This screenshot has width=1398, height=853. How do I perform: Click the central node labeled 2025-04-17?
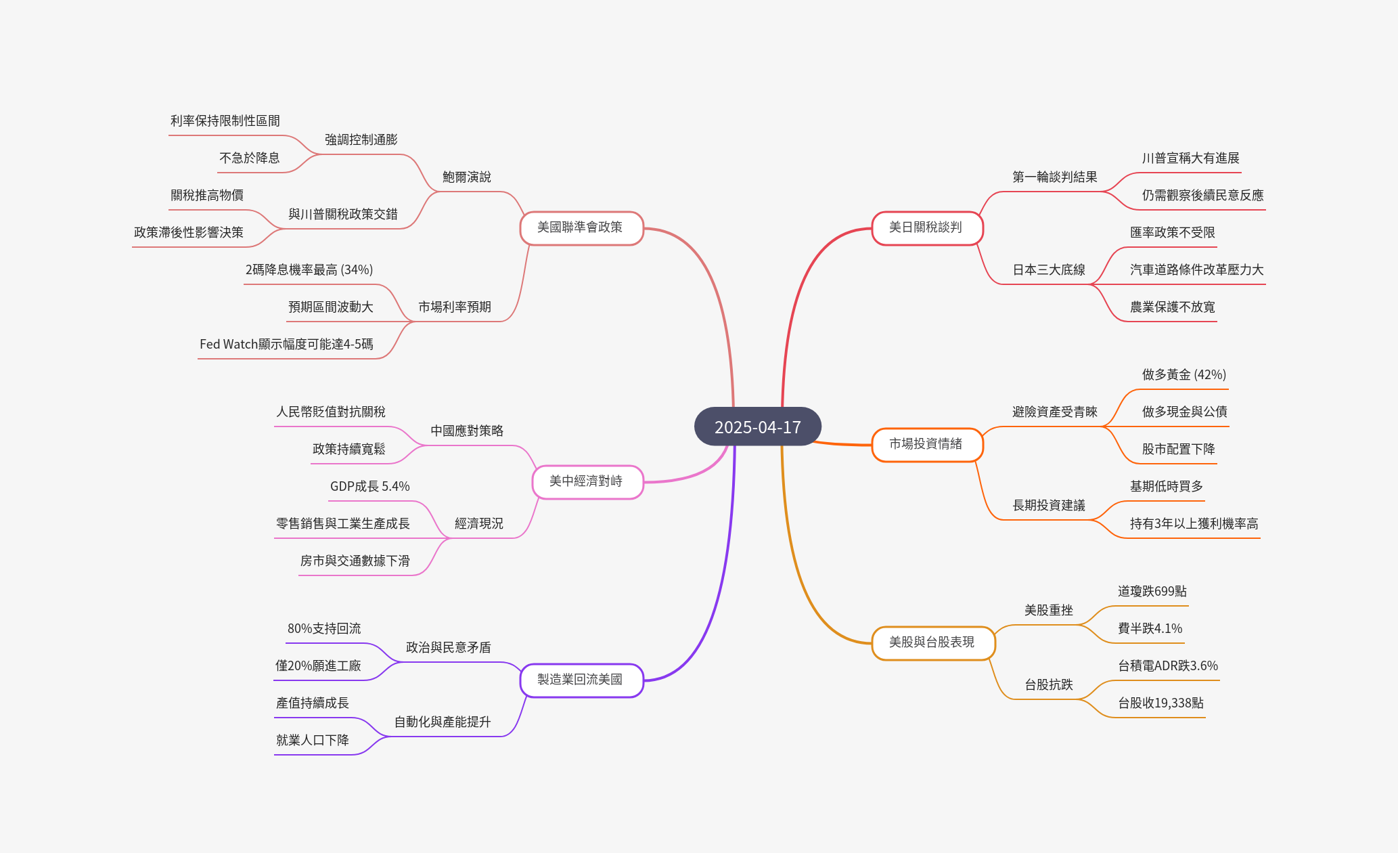[x=757, y=427]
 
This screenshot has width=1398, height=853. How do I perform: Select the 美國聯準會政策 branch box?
[x=581, y=227]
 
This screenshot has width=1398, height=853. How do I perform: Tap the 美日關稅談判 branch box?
[x=926, y=227]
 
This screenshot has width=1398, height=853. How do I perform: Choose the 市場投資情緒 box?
[x=926, y=444]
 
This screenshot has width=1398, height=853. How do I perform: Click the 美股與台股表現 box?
[x=932, y=642]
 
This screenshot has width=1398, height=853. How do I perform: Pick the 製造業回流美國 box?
[x=581, y=680]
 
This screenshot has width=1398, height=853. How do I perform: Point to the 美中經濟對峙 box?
[x=586, y=481]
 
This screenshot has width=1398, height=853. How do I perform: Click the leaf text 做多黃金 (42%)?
[x=1184, y=374]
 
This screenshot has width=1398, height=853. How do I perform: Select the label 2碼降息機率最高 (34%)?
[x=309, y=269]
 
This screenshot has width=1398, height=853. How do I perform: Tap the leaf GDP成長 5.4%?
[x=369, y=486]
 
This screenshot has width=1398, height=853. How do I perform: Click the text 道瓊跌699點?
[x=1152, y=591]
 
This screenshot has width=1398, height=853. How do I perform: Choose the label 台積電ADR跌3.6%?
[x=1168, y=665]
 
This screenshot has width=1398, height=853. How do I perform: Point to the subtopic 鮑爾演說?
[x=467, y=177]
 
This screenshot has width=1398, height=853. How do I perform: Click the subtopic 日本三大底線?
[x=1049, y=269]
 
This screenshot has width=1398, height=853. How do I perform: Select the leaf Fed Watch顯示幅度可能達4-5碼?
[x=286, y=344]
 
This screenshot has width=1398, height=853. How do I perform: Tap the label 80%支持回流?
[x=324, y=628]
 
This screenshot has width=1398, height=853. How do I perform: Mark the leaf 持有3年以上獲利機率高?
[x=1194, y=523]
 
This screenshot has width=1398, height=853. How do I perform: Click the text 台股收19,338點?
[x=1160, y=703]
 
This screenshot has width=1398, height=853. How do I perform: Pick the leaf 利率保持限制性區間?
[x=225, y=121]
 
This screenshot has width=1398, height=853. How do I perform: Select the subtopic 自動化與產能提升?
[x=443, y=722]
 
